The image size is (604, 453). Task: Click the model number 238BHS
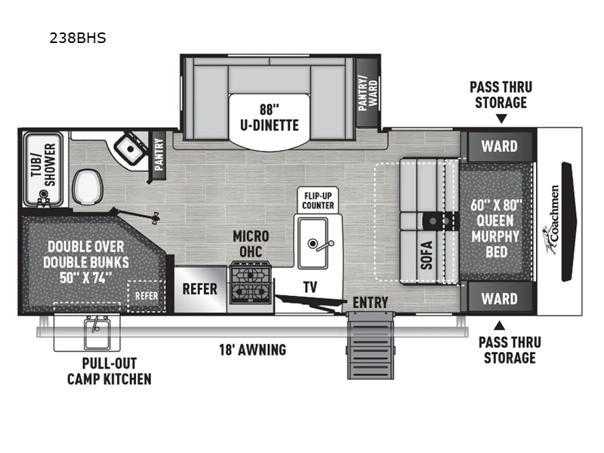point(78,39)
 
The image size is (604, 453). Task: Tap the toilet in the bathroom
point(88,186)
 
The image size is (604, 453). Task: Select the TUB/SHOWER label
point(44,165)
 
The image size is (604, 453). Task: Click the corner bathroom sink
point(130,149)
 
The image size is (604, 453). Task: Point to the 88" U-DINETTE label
point(270,118)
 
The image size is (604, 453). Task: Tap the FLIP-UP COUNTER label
point(318,200)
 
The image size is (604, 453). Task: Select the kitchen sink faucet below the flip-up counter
point(319,244)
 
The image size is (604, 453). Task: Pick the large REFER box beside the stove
point(200,289)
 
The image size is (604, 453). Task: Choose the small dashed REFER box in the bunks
point(146,296)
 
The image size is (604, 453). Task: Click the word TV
point(310,287)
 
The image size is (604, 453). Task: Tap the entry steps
point(371,346)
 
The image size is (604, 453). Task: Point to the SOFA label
point(427,255)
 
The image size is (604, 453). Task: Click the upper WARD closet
point(500,146)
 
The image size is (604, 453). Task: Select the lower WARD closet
point(500,298)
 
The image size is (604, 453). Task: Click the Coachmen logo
point(551,220)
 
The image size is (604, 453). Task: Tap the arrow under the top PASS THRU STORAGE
point(501,119)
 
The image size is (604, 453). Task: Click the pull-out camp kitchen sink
point(97,332)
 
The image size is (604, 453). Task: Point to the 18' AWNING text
point(253,350)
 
